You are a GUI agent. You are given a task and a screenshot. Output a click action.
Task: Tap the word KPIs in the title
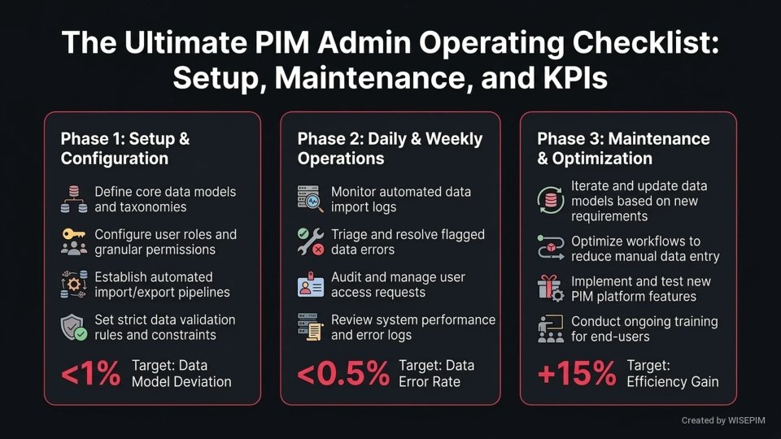click(564, 79)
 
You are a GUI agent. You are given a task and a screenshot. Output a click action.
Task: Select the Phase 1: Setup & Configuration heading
click(124, 148)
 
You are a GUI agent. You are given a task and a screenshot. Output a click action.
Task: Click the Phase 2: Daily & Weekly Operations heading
click(390, 148)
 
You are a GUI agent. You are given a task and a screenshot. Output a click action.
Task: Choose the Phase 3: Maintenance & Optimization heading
click(623, 148)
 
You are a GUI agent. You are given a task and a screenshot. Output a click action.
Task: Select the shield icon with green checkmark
click(73, 328)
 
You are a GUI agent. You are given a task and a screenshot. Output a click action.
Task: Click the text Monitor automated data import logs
click(400, 200)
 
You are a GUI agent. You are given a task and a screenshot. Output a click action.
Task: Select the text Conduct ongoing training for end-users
click(644, 329)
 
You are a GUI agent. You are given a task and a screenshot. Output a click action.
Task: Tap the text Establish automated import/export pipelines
click(162, 285)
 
